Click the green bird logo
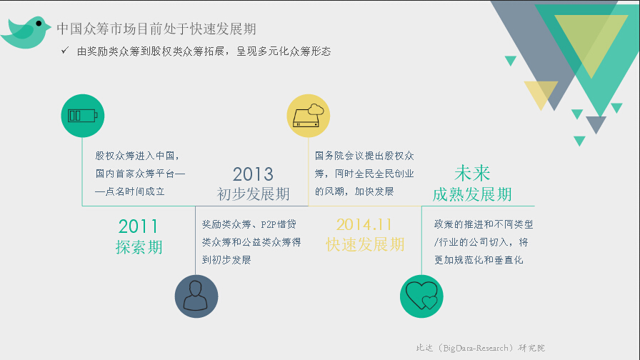[x=25, y=33]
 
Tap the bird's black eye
[x=39, y=24]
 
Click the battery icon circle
[x=82, y=116]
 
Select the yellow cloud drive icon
[x=308, y=116]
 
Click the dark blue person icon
[x=196, y=296]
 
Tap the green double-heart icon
[x=421, y=296]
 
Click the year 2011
[x=138, y=226]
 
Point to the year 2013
[x=253, y=174]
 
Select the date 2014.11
[x=364, y=224]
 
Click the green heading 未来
[x=472, y=173]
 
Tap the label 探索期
[x=139, y=247]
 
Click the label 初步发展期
[x=253, y=194]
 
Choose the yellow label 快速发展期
[x=365, y=244]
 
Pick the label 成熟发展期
[x=472, y=194]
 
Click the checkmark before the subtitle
[x=65, y=50]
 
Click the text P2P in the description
[x=269, y=224]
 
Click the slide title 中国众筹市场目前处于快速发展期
[x=156, y=29]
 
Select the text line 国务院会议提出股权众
[x=364, y=156]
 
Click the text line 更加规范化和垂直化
[x=479, y=260]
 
